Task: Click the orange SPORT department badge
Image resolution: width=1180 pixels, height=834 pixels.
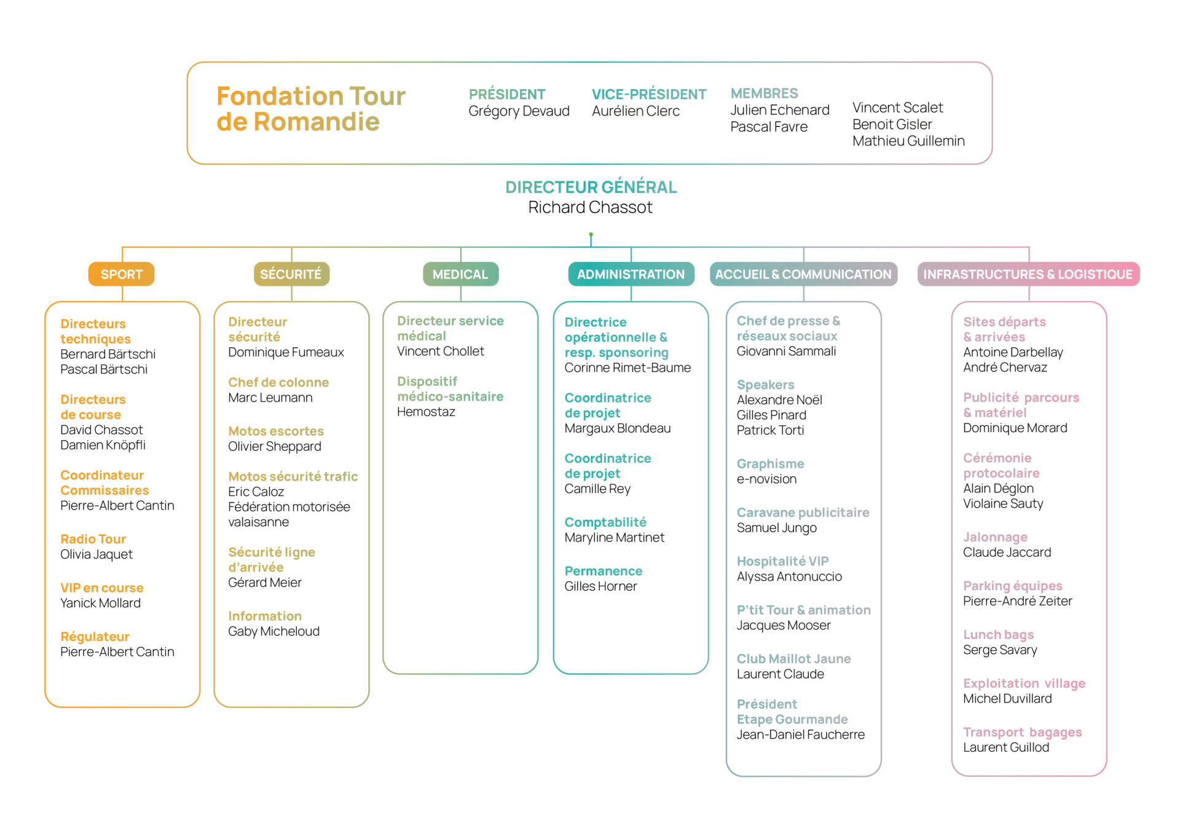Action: coord(121,274)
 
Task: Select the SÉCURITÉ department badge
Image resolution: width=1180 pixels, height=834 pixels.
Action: coord(291,274)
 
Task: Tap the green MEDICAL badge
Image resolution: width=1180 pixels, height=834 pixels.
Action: coord(460,274)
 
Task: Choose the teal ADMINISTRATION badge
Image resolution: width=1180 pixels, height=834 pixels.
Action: coord(631,274)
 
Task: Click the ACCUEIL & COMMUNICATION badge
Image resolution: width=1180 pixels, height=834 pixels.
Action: coord(803,274)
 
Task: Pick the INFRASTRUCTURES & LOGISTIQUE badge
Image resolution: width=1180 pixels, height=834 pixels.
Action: coord(1028,274)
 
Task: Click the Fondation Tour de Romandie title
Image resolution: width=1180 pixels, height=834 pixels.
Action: coord(311,109)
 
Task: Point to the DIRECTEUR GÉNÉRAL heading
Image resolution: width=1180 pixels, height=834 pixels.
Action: coord(591,187)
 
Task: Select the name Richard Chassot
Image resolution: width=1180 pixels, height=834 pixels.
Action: coord(591,207)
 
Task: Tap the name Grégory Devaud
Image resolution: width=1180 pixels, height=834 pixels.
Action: coord(519,111)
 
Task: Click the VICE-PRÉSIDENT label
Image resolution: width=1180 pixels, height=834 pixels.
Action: coord(649,94)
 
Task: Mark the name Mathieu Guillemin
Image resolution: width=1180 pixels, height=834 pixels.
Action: coord(908,141)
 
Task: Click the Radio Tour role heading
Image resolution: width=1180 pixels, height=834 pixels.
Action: coord(93,539)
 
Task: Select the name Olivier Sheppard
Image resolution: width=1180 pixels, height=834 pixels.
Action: coord(275,447)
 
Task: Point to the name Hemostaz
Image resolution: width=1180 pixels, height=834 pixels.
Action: coord(426,412)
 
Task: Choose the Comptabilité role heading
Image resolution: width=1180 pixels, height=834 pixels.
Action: coord(605,522)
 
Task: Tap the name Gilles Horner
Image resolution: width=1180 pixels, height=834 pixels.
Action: coord(600,586)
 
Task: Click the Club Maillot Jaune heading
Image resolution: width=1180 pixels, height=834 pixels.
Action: coord(794,659)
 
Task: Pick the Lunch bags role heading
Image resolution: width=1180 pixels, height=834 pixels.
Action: coord(999,635)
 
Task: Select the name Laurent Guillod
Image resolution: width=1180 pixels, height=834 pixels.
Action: coord(1006,747)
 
